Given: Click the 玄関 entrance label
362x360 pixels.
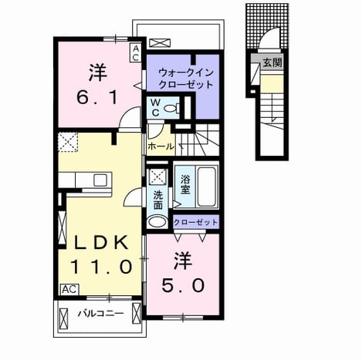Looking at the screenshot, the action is click(272, 62).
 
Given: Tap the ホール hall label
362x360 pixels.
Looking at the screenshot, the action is click(161, 146).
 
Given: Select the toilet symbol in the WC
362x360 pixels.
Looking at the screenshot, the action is click(172, 108).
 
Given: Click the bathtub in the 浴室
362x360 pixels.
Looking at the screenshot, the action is click(206, 187).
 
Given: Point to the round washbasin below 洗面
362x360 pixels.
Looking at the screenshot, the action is click(157, 221).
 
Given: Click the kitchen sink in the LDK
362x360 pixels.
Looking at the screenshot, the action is click(100, 180).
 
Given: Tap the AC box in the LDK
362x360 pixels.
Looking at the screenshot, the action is click(69, 289).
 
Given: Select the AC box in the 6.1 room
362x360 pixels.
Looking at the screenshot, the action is click(136, 52).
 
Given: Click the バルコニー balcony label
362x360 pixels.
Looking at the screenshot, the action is click(101, 313).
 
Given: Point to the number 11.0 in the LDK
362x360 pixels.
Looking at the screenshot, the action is click(101, 267).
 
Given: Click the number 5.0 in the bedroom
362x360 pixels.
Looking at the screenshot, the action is click(183, 286).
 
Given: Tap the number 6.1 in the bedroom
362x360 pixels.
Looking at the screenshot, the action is click(97, 97).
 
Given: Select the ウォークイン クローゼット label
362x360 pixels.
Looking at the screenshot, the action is click(186, 78).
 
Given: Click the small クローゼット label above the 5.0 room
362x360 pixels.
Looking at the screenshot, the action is click(195, 222).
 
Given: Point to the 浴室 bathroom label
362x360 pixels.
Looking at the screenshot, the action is click(185, 184).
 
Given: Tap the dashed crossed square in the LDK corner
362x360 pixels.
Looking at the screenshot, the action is click(68, 142).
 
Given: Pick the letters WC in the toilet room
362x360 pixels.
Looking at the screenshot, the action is click(155, 107).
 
